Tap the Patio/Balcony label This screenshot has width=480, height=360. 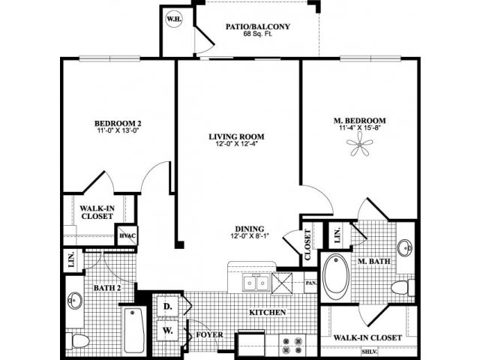pyautogui.click(x=258, y=27)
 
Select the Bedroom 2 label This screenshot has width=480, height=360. pyautogui.click(x=118, y=124)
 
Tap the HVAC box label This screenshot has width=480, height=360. pyautogui.click(x=127, y=237)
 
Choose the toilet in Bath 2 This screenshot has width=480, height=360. pyautogui.click(x=76, y=340)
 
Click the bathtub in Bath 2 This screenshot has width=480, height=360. pyautogui.click(x=133, y=330)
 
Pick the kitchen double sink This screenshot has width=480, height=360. pyautogui.click(x=254, y=282)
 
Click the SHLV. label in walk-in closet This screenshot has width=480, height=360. pyautogui.click(x=369, y=351)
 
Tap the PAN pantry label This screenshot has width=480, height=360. pyautogui.click(x=311, y=283)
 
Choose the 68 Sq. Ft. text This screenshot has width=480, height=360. pyautogui.click(x=258, y=35)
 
